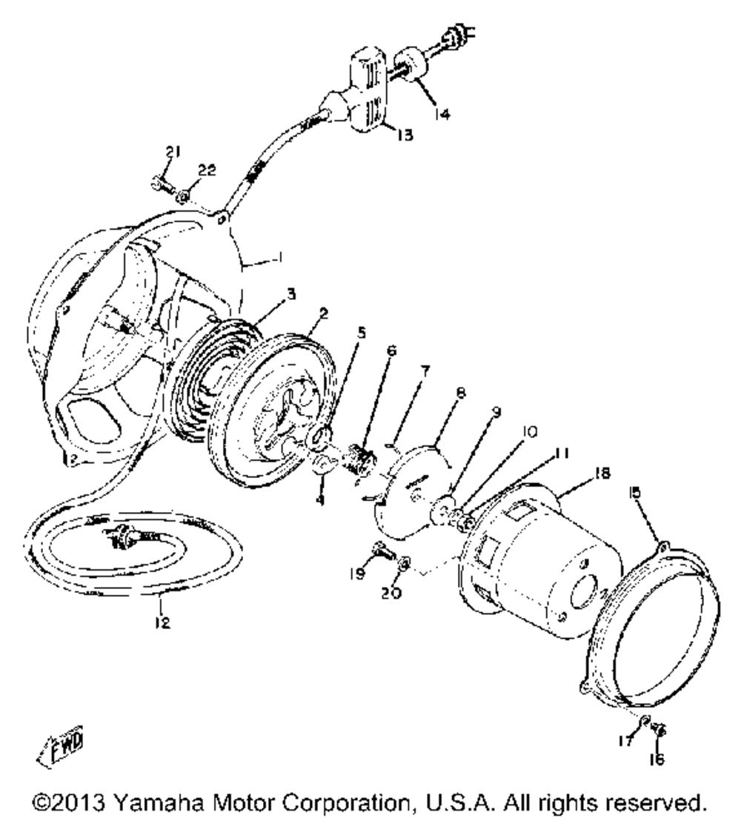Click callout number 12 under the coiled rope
pyautogui.click(x=162, y=623)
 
